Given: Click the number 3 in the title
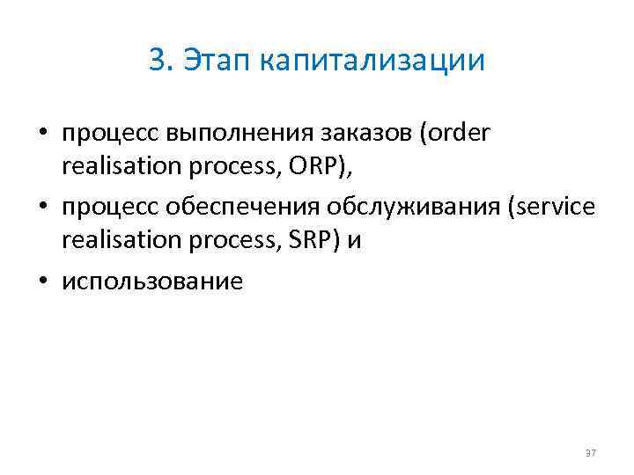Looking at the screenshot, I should click(158, 61).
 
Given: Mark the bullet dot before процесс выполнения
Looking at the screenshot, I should click(42, 135).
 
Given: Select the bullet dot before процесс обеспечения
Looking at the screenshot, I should click(42, 208).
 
